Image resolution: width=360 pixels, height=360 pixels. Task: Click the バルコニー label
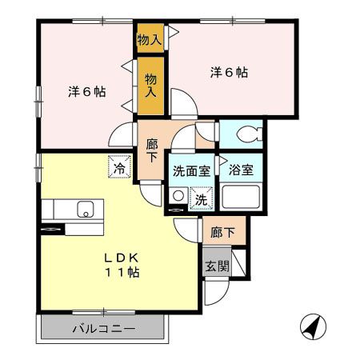click(x=103, y=329)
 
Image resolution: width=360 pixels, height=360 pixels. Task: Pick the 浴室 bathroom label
click(x=241, y=170)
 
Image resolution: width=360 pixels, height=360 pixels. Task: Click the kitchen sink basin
click(x=83, y=210)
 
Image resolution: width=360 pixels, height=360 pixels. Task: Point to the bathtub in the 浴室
click(x=241, y=197)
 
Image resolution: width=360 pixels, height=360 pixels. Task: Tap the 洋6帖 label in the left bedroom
click(x=86, y=92)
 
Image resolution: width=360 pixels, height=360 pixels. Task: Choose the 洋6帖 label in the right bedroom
click(x=229, y=73)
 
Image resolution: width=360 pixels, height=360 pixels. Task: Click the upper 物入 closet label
click(x=150, y=38)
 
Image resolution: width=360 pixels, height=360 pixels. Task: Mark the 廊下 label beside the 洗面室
click(x=152, y=150)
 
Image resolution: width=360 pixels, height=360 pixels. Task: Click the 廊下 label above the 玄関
click(x=223, y=233)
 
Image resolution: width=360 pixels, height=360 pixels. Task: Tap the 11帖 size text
click(x=122, y=273)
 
